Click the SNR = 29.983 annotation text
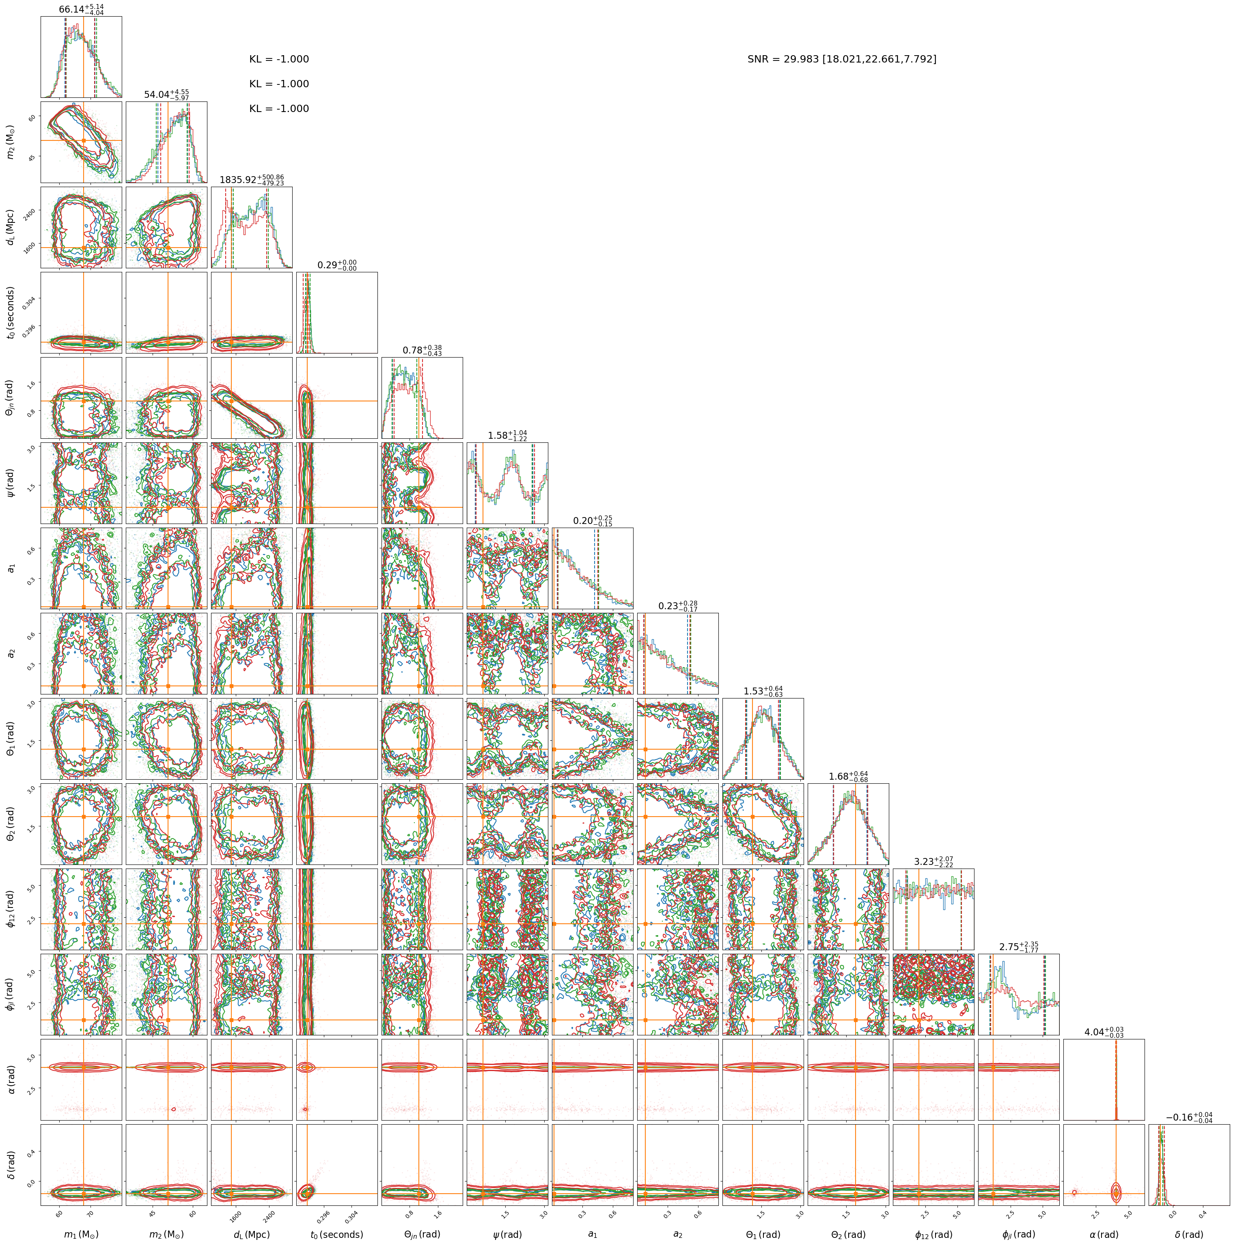pos(842,59)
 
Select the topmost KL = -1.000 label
pos(279,59)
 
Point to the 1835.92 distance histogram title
pos(252,180)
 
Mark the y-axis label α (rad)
pos(10,1079)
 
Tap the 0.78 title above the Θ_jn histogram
pos(422,350)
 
